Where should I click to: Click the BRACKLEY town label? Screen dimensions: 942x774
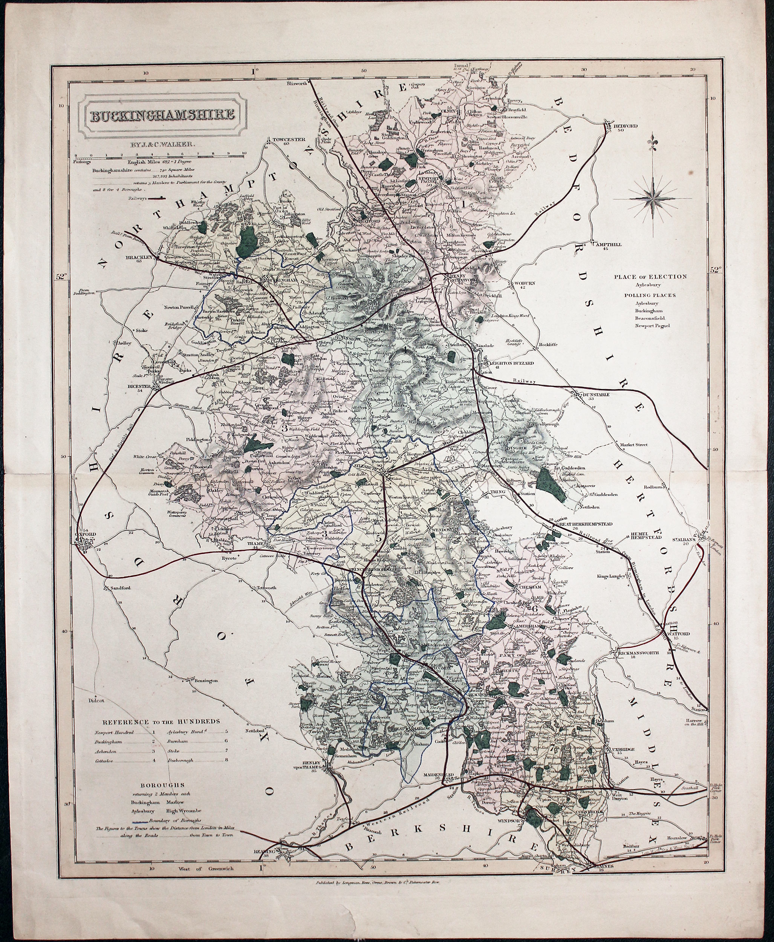tap(139, 258)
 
